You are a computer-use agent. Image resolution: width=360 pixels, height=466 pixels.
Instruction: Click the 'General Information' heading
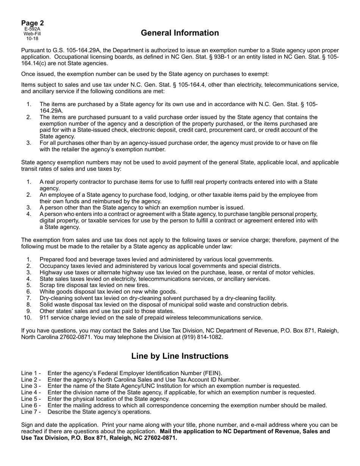pyautogui.click(x=180, y=33)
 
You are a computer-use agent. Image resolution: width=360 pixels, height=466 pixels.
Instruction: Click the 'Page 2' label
pyautogui.click(x=32, y=23)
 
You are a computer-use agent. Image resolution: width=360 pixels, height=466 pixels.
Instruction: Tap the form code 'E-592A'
pyautogui.click(x=32, y=29)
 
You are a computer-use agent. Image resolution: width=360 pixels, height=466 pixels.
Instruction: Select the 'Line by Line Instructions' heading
pyautogui.click(x=180, y=356)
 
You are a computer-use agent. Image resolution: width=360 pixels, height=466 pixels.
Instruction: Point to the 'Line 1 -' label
pyautogui.click(x=31, y=373)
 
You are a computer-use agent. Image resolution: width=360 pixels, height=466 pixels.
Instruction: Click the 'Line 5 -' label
pyautogui.click(x=31, y=399)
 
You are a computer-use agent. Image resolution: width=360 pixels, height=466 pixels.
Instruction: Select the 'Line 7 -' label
pyautogui.click(x=31, y=412)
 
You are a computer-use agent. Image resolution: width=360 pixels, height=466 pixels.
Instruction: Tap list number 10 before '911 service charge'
pyautogui.click(x=27, y=317)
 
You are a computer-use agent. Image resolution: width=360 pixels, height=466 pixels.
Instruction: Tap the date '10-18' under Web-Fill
pyautogui.click(x=32, y=38)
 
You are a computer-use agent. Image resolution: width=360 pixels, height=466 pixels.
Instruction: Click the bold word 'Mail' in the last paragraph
pyautogui.click(x=167, y=432)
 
